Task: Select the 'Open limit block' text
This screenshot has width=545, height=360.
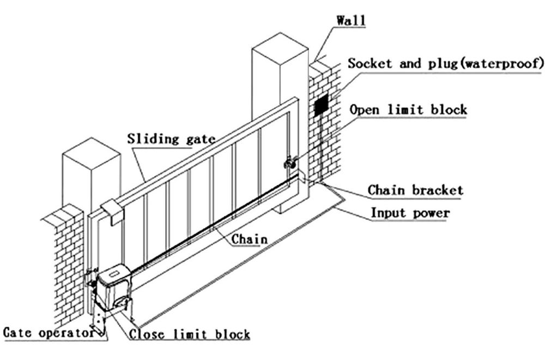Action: pyautogui.click(x=408, y=109)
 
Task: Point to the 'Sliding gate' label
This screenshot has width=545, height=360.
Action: pyautogui.click(x=168, y=139)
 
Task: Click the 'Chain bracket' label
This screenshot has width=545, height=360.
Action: pyautogui.click(x=415, y=190)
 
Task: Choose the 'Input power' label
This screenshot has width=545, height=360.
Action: pyautogui.click(x=410, y=213)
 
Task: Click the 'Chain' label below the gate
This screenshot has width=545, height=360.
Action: pyautogui.click(x=250, y=239)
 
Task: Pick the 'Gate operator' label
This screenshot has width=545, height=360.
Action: pyautogui.click(x=49, y=333)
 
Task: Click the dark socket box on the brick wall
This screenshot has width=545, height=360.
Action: pyautogui.click(x=322, y=104)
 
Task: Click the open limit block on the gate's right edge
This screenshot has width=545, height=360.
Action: pyautogui.click(x=290, y=162)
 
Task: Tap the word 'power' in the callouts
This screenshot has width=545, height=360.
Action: pyautogui.click(x=431, y=213)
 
